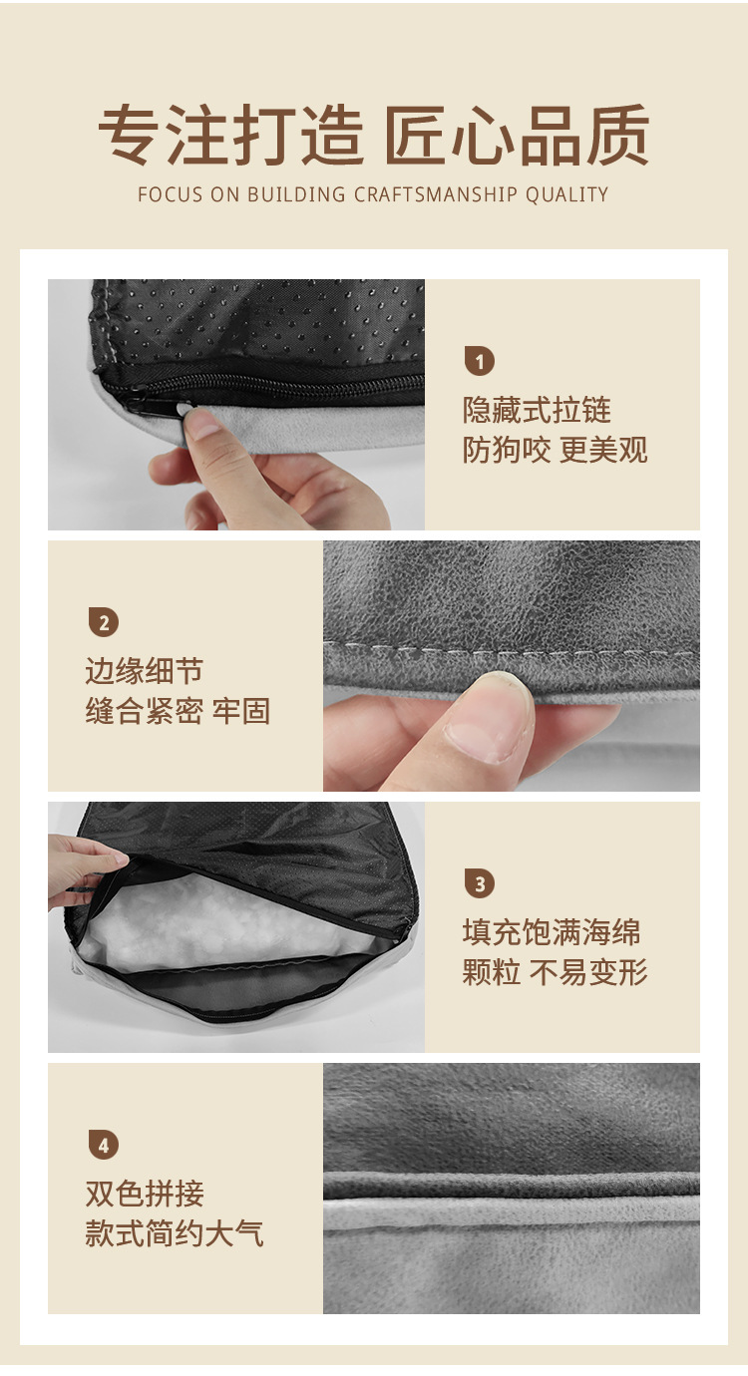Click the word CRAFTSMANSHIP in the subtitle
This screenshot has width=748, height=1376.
[435, 194]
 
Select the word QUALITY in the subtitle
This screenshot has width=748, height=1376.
[566, 194]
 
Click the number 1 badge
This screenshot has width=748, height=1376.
[480, 361]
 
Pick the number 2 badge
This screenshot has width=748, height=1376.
[104, 622]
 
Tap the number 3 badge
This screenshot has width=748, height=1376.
[480, 884]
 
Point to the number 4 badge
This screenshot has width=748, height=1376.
[104, 1145]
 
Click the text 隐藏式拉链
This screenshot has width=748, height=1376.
[537, 410]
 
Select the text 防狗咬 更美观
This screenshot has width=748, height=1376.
[555, 450]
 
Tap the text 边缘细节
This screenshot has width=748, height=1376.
[145, 671]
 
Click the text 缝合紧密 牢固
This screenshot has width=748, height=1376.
[178, 711]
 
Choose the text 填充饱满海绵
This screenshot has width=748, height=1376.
[552, 932]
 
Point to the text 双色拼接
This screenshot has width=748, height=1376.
[145, 1194]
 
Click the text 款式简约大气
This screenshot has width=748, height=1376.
[175, 1233]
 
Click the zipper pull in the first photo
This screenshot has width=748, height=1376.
[137, 403]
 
